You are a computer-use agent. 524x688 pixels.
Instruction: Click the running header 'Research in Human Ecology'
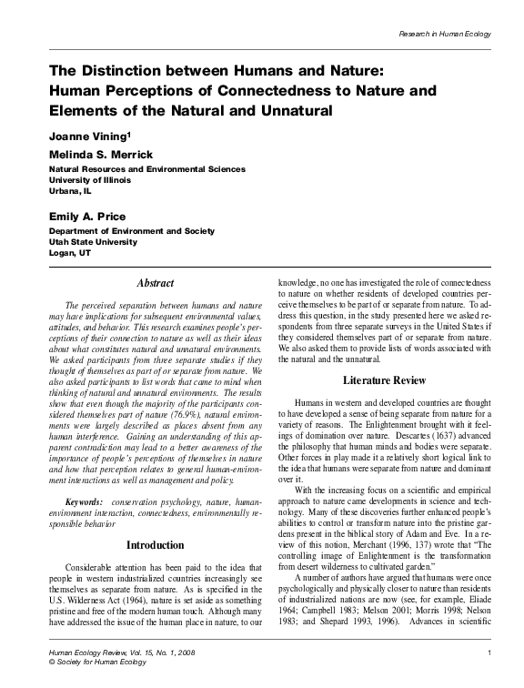click(x=446, y=34)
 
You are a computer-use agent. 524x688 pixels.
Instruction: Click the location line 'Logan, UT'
click(x=71, y=253)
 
